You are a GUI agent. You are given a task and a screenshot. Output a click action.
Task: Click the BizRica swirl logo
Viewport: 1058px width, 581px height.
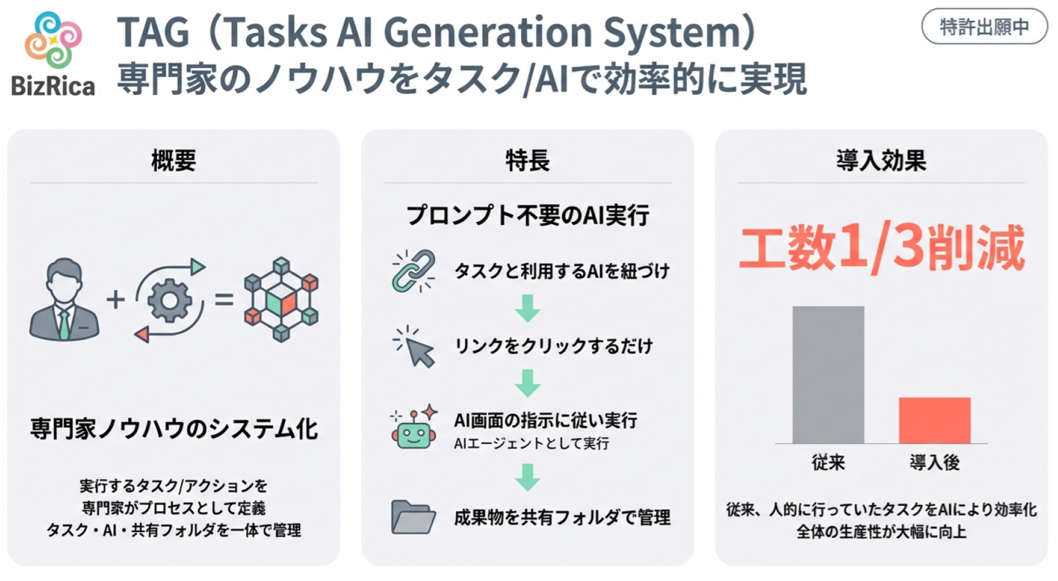(x=53, y=39)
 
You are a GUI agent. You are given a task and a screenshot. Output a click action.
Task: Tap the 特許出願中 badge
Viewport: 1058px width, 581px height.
(x=984, y=27)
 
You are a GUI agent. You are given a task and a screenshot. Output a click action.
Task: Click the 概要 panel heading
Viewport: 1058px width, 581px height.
(x=173, y=160)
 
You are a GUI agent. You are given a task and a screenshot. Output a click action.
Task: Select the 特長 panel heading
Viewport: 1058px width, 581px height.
(x=528, y=160)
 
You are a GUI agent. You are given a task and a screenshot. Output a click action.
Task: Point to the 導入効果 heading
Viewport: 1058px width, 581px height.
(x=881, y=160)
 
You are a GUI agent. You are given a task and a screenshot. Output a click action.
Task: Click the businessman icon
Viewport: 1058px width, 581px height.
(x=64, y=299)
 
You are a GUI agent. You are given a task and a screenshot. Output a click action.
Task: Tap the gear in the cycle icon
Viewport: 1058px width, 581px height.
(x=169, y=301)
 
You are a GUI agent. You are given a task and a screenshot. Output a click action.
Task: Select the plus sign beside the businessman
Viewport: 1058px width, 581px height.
(x=116, y=299)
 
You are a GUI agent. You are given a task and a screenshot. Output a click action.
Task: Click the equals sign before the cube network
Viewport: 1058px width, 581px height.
(x=225, y=299)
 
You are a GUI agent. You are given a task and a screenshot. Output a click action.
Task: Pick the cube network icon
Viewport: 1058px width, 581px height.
(x=281, y=299)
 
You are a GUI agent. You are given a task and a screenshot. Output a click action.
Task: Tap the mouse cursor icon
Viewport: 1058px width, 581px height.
(x=414, y=347)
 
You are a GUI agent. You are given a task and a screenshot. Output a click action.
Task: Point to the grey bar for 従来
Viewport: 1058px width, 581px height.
(x=828, y=375)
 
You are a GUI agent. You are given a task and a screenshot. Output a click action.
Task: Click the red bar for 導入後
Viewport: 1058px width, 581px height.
(x=935, y=421)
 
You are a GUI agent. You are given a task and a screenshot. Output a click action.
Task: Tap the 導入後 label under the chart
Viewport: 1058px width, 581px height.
(x=935, y=463)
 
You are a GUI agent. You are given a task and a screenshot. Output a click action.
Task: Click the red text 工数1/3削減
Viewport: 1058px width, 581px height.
(x=881, y=248)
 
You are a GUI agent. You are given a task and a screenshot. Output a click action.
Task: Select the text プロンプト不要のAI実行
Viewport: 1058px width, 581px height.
(x=528, y=215)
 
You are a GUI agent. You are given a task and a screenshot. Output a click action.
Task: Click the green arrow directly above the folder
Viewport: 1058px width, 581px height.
(x=528, y=478)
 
